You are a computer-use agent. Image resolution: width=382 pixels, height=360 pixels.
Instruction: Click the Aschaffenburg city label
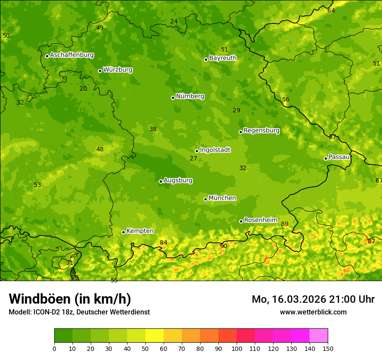[x=72, y=55]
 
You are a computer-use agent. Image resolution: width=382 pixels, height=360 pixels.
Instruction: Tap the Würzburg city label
[x=118, y=70]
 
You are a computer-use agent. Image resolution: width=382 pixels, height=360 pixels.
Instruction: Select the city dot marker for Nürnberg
[x=173, y=98]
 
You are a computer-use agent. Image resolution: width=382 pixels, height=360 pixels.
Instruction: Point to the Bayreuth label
[x=223, y=58]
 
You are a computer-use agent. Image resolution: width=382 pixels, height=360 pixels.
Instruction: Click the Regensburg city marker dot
[x=240, y=132]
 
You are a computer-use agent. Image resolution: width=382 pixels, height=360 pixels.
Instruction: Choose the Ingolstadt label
[x=215, y=150]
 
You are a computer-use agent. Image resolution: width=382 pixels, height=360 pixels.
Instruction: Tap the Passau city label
[x=339, y=157]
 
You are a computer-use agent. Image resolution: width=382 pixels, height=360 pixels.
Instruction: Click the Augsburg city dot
[x=161, y=181]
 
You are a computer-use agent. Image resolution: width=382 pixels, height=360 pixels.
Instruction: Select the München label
[x=222, y=198]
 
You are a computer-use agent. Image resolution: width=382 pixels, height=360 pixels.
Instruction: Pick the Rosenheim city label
[x=260, y=220]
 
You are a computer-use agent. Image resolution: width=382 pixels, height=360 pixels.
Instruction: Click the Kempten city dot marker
[x=123, y=232]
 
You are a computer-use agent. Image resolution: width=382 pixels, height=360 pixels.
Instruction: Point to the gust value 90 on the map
[x=224, y=246]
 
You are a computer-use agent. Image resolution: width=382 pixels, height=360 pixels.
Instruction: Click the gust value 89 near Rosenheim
[x=285, y=224]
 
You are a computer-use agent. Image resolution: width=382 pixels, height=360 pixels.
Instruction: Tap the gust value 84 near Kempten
[x=163, y=242]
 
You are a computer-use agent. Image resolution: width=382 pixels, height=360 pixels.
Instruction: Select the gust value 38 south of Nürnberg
[x=153, y=129]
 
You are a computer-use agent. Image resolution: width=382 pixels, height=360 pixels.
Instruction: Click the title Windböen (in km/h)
[x=70, y=299]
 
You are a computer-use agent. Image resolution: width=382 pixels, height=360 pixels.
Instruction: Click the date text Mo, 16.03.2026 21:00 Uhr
[x=313, y=299]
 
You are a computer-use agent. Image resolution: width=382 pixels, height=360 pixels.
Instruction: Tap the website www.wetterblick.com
[x=313, y=312]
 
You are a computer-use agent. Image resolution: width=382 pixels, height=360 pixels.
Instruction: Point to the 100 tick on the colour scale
[x=237, y=348]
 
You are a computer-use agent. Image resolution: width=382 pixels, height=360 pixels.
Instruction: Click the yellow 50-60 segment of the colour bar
[x=155, y=335]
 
